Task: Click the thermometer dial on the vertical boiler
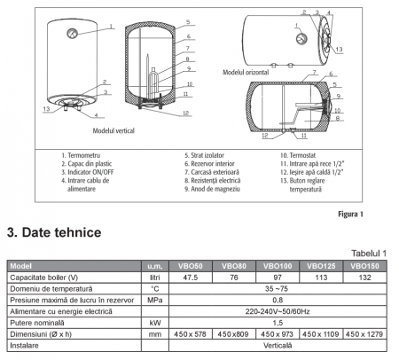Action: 72,33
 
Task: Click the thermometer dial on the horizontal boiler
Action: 301,38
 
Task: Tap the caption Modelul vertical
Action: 113,130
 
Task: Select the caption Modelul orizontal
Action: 246,72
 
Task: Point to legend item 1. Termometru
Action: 81,155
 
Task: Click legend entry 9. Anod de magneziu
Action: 212,189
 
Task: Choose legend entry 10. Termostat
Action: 298,155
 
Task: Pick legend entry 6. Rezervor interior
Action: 209,163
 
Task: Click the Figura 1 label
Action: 350,214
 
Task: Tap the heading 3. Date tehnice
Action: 54,232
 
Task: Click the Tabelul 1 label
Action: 369,254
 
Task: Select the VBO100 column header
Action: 278,266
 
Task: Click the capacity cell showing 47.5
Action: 191,278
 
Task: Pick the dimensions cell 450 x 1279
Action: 364,334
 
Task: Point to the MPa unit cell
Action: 155,300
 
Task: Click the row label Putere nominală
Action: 37,323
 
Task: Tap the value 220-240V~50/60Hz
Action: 278,311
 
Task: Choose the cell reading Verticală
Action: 278,346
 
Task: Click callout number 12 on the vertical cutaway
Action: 185,113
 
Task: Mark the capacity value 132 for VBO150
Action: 364,278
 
